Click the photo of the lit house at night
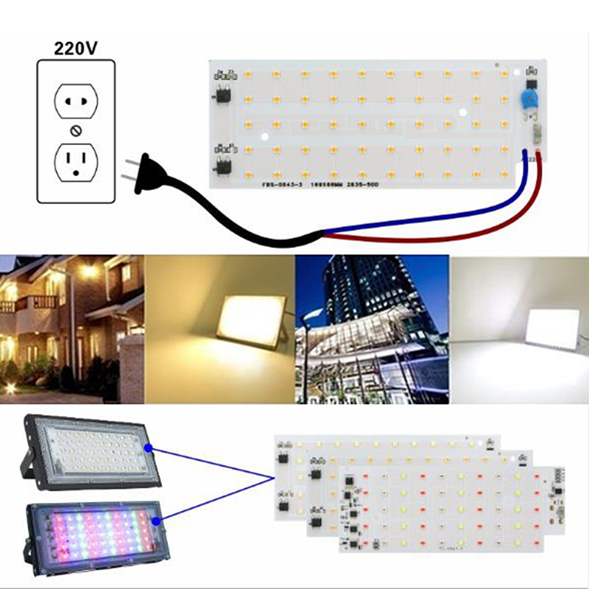(x=71, y=329)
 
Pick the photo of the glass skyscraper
(x=372, y=329)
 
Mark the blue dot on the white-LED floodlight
(x=148, y=447)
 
